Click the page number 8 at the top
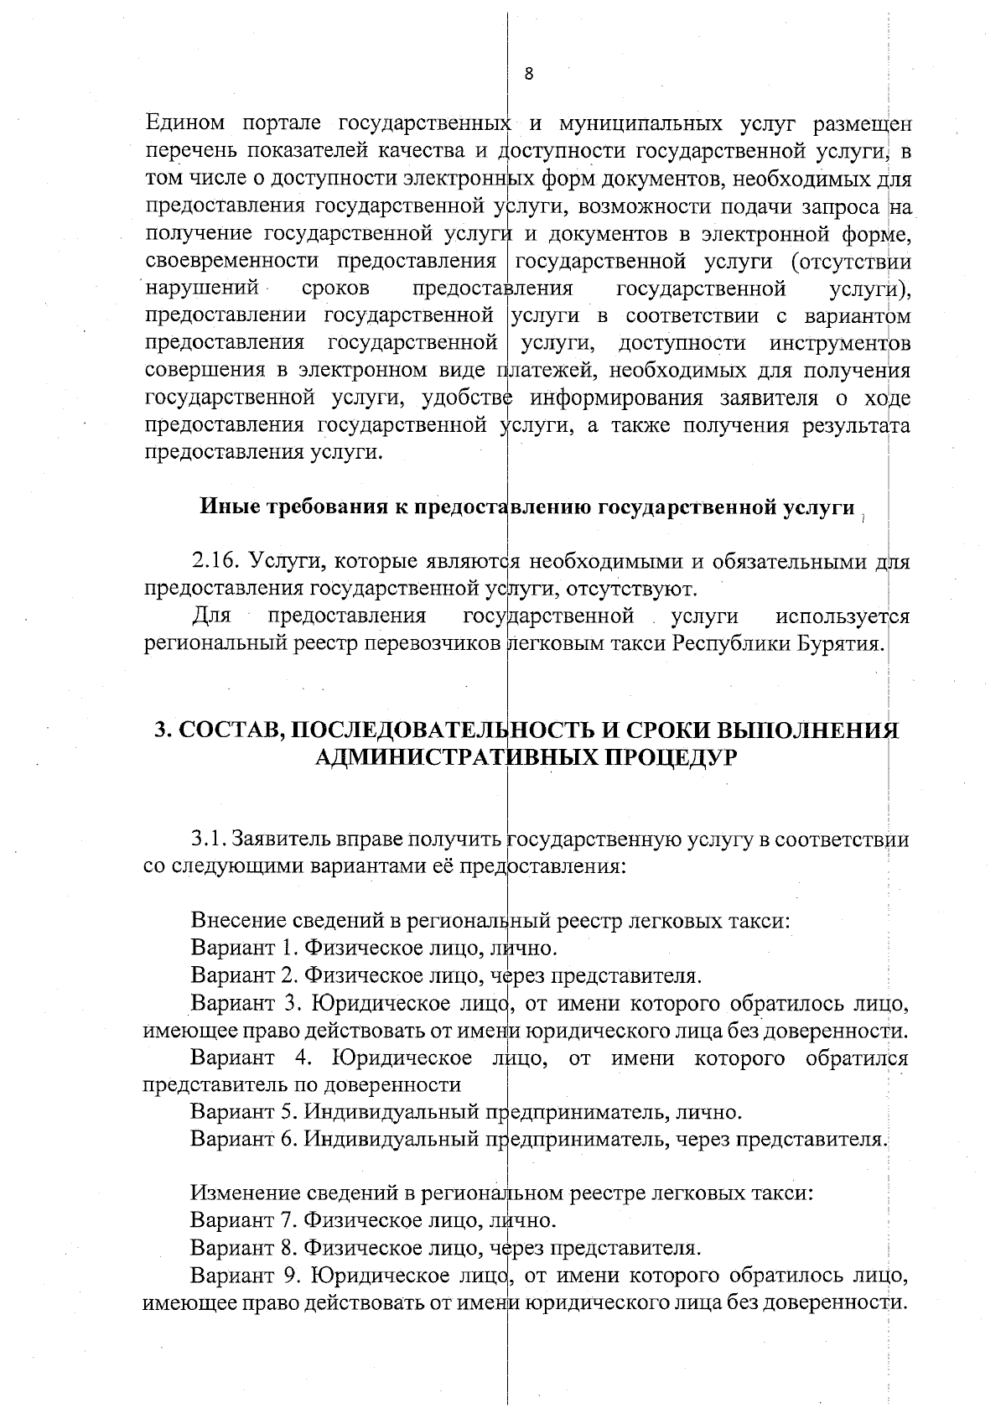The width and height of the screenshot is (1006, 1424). point(529,73)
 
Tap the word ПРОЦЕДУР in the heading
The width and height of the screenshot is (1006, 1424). point(672,757)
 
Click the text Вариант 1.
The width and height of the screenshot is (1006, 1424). point(245,948)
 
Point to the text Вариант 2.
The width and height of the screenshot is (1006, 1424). point(245,975)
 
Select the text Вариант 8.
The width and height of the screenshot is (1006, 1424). point(245,1247)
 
